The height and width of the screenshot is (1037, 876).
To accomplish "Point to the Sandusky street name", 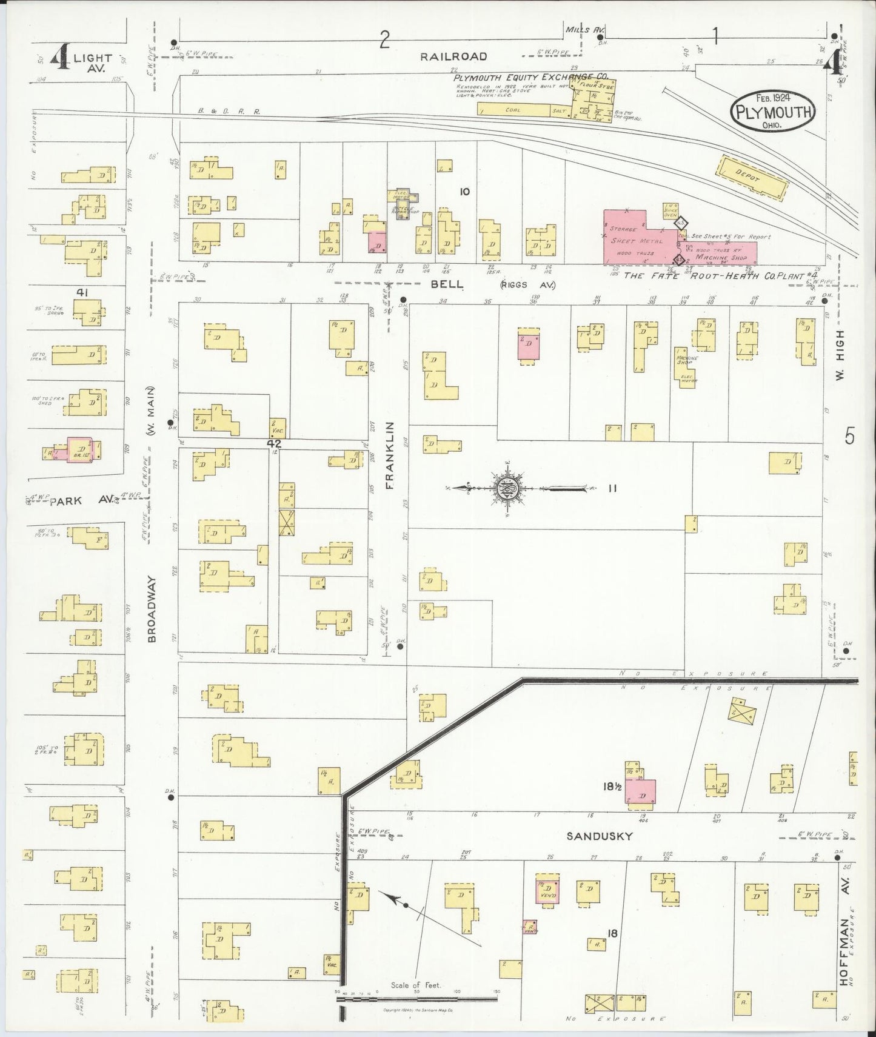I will [599, 836].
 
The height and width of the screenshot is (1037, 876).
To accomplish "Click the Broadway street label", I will [152, 609].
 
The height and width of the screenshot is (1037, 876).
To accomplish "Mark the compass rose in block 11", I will [507, 488].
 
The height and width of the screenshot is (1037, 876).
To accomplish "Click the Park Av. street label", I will [82, 500].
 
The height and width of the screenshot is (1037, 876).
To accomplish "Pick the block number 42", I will [274, 443].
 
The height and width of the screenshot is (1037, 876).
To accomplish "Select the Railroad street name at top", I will [454, 56].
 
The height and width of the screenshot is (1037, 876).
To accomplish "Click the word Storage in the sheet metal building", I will [623, 229].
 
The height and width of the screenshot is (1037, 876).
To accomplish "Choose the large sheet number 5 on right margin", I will [850, 436].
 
